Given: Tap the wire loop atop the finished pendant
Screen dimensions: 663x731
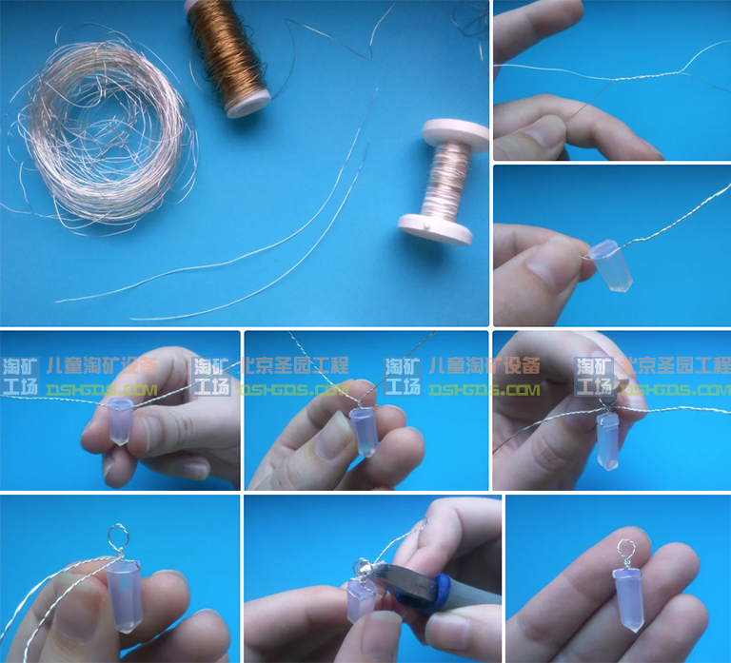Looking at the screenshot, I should pyautogui.click(x=625, y=549).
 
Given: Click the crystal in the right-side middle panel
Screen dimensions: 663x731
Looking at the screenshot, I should pyautogui.click(x=610, y=265).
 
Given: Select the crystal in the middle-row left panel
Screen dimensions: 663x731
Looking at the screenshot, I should pyautogui.click(x=118, y=421).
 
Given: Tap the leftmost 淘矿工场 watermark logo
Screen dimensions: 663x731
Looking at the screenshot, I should pyautogui.click(x=20, y=377).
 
